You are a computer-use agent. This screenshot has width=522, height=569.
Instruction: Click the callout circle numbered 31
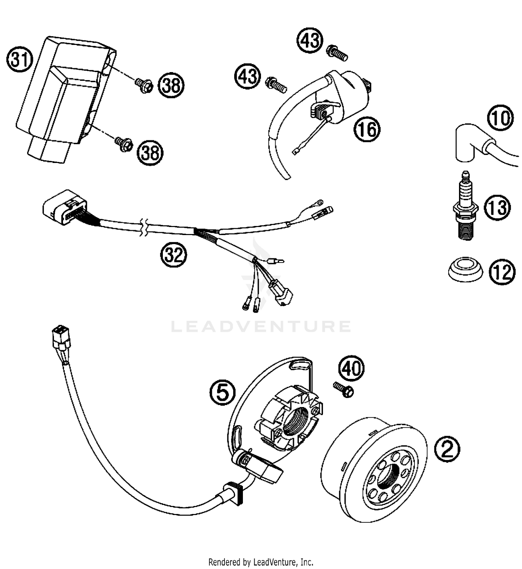tap(19, 60)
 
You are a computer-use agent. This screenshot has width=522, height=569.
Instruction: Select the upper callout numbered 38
tap(171, 85)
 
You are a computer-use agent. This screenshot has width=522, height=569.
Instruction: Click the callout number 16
tap(367, 129)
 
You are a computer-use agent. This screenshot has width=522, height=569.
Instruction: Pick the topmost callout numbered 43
tap(310, 40)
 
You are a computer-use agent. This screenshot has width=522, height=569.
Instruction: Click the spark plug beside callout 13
tap(465, 208)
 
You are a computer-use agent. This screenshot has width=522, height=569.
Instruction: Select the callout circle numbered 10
tap(500, 118)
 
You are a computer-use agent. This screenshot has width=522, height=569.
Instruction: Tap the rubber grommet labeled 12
tap(465, 269)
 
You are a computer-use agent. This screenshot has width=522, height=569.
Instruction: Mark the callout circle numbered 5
tap(222, 392)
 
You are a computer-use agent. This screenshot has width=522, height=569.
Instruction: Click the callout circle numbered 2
tap(447, 449)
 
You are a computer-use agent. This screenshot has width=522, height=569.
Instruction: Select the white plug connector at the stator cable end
tap(61, 337)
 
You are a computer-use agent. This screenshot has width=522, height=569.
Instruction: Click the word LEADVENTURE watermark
tap(261, 326)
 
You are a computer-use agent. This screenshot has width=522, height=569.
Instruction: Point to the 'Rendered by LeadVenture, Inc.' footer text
tap(261, 561)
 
